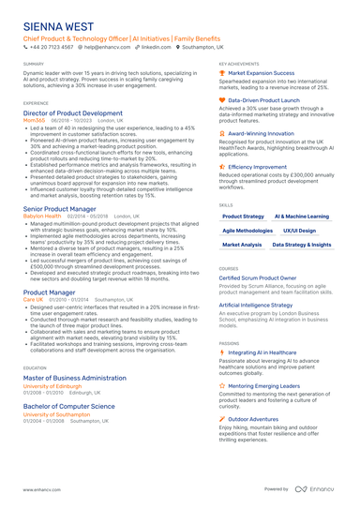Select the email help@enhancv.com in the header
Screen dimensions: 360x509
[x=109, y=46]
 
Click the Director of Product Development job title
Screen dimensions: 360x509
[x=72, y=112]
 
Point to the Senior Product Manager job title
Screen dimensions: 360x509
[x=59, y=208]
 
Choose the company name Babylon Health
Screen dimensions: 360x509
[x=42, y=216]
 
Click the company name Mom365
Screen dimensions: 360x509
[x=34, y=120]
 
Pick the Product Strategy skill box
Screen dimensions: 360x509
[x=243, y=217]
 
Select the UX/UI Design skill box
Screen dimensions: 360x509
[x=300, y=230]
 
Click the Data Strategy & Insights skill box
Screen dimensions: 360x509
[x=301, y=244]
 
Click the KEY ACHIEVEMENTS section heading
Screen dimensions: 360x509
[x=239, y=64]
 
